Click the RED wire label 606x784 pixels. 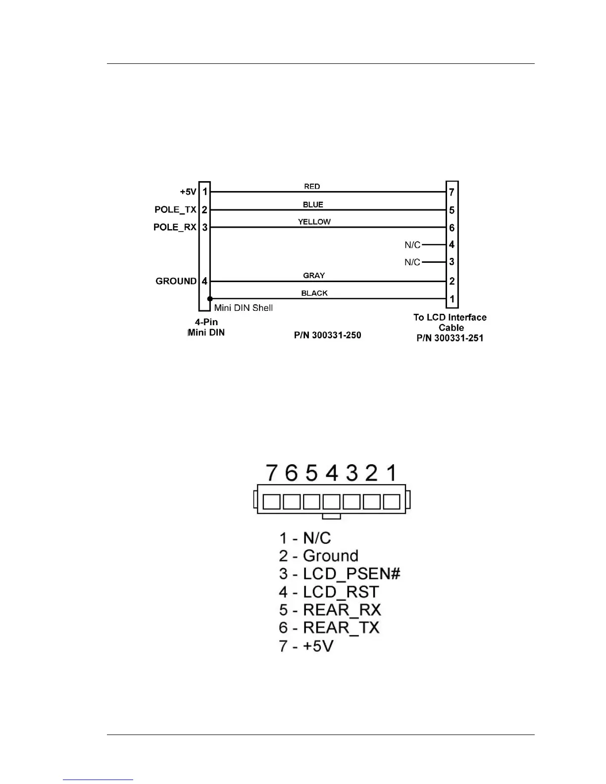click(312, 187)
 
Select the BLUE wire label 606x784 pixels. click(313, 204)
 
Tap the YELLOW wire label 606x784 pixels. click(314, 222)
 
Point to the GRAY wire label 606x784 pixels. click(314, 275)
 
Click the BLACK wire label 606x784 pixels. click(314, 293)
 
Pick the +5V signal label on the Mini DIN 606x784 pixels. click(188, 192)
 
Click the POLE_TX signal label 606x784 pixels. click(175, 210)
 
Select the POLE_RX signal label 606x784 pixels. click(175, 227)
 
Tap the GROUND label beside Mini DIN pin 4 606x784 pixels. click(176, 281)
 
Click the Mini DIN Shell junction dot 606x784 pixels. click(210, 299)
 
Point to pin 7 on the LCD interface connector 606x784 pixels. click(452, 192)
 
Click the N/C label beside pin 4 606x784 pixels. click(412, 245)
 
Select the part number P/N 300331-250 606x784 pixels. click(328, 336)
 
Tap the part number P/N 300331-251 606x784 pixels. click(450, 338)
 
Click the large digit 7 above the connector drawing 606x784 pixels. click(271, 473)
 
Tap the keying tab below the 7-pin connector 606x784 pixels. click(331, 516)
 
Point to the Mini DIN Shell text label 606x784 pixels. click(244, 308)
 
